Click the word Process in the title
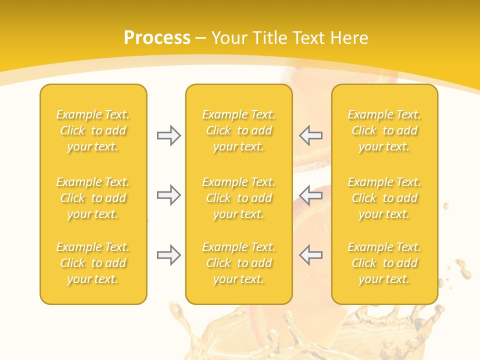(157, 38)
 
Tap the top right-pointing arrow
(169, 135)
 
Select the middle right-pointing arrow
(169, 195)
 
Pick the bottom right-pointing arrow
(169, 255)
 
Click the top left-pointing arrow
(310, 135)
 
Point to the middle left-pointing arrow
(310, 195)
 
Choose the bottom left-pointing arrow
(310, 255)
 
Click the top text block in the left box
(93, 130)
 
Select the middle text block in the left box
(93, 198)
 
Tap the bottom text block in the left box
(93, 263)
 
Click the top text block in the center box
(239, 130)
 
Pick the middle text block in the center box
(239, 198)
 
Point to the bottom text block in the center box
(239, 263)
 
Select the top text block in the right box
(384, 130)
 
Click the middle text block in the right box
(384, 198)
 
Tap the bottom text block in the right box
(384, 263)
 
